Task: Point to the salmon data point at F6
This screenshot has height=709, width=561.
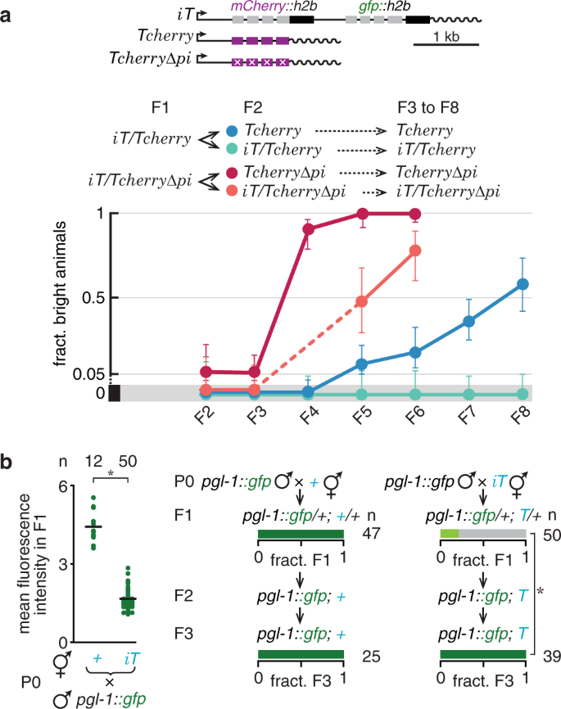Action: point(415,251)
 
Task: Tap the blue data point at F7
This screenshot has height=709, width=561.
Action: point(468,321)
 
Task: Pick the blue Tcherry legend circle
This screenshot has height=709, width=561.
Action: point(233,130)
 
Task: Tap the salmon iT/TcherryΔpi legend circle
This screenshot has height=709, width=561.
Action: point(233,191)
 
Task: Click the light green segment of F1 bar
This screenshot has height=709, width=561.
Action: point(449,534)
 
